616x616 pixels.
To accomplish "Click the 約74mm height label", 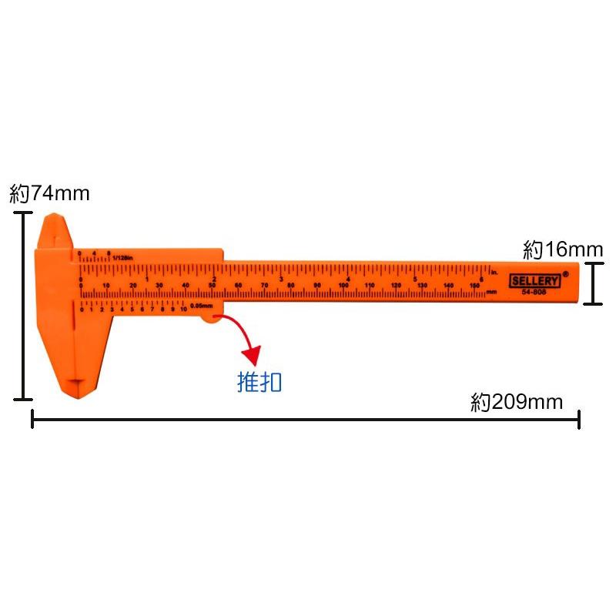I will pos(49,194).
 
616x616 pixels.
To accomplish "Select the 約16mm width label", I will pos(563,249).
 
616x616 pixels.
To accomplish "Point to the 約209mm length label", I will pos(517,402).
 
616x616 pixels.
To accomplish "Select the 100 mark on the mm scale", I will pos(343,285).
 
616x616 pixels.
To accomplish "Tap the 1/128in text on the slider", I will pos(122,257).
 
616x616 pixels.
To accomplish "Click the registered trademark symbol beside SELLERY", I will pos(566,273).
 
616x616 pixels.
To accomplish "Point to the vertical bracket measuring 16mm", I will pos(592,283).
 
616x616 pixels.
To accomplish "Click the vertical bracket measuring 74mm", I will pos(24,306).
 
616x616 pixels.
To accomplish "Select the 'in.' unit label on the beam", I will pos(494,273).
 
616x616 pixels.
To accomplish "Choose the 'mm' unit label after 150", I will pos(490,292).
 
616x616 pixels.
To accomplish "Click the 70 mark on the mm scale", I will pos(264,285).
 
